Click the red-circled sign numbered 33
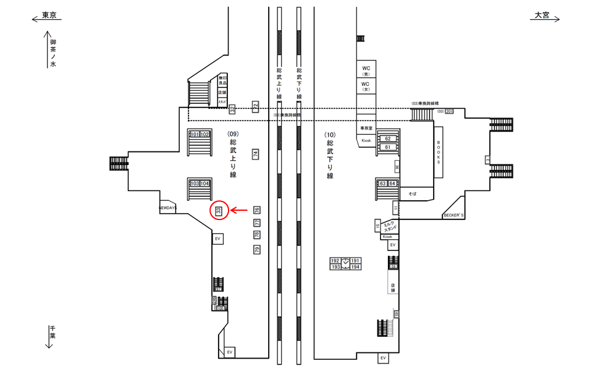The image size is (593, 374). [x=219, y=211]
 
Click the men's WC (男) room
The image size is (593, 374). [x=366, y=69]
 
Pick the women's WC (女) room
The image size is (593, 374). [x=366, y=86]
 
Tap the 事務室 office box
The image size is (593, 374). [x=367, y=127]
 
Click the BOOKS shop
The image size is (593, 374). [x=439, y=151]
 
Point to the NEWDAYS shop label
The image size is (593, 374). [x=168, y=208]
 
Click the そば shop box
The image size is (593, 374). [x=412, y=194]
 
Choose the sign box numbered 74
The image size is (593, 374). [x=255, y=154]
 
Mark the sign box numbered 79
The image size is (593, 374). [x=257, y=250]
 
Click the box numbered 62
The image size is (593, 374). [x=388, y=139]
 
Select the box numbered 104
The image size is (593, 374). [x=205, y=184]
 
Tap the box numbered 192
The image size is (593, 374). [x=336, y=261]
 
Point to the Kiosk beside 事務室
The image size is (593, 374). [x=366, y=142]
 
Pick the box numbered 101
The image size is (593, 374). [x=195, y=134]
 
